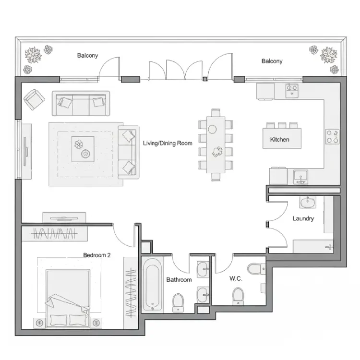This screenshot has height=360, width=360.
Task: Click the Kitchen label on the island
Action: coord(279,140)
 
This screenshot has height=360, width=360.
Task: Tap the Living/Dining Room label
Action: coord(168,143)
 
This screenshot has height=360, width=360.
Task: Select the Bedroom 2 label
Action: coord(97,255)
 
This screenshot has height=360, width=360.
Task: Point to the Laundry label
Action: coord(303,218)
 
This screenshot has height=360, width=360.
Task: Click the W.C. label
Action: coord(236,278)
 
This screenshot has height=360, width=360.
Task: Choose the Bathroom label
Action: coord(179,280)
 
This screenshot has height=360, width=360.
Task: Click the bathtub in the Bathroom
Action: coord(153,285)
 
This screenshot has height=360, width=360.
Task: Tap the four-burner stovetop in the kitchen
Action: coord(332,136)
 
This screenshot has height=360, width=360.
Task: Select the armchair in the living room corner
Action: coord(34,100)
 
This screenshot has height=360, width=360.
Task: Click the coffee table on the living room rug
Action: coord(83,149)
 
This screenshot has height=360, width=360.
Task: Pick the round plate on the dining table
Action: coord(212,129)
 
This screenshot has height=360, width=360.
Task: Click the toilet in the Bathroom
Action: coord(178,303)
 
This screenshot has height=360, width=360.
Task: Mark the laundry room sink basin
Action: coord(308,202)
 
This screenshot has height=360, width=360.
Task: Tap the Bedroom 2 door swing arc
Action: coord(122,239)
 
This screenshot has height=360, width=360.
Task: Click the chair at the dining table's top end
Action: coord(216,113)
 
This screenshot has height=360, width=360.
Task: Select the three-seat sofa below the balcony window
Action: coord(81,103)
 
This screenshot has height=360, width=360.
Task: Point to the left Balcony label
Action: coord(87,56)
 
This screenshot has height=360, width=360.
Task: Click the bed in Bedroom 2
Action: coord(68,299)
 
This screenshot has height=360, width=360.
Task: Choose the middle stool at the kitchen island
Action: coord(282,125)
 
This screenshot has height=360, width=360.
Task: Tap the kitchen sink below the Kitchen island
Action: coord(301,177)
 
